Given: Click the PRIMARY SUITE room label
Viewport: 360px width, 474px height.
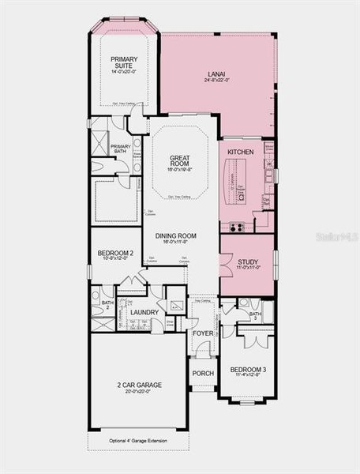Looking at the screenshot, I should (124, 62).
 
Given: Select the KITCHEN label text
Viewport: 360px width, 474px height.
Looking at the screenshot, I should (240, 151).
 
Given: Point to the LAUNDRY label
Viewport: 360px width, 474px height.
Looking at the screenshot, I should (144, 312).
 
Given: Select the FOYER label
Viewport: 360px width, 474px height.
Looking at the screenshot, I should (203, 333).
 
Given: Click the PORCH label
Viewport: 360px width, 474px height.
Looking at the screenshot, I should (204, 373).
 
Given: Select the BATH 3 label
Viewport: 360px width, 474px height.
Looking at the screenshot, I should (255, 315).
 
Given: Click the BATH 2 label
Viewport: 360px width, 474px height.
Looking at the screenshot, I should (107, 306).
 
